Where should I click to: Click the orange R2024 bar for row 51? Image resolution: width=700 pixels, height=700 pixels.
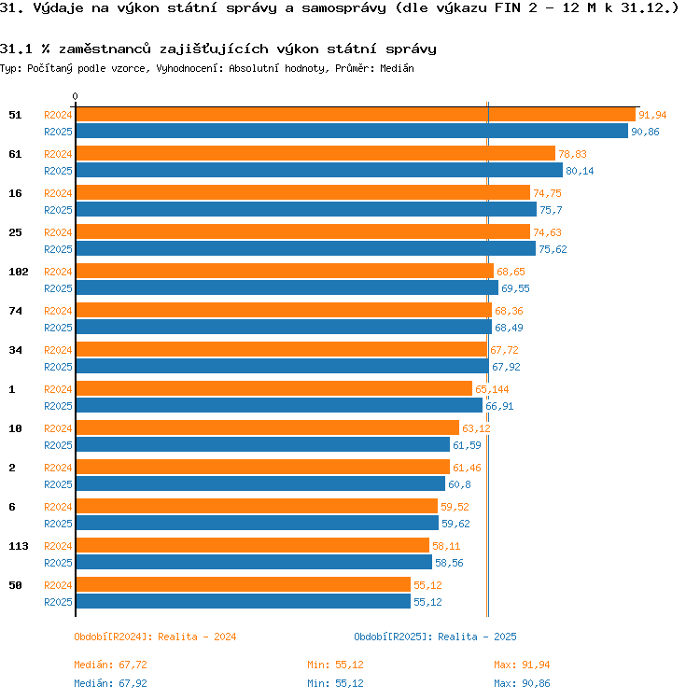356,115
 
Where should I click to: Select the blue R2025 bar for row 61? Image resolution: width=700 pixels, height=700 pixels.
319,171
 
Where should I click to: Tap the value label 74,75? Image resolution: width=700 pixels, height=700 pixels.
547,193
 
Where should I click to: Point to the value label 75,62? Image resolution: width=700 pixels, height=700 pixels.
553,249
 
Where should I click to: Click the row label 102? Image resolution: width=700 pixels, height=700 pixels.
19,272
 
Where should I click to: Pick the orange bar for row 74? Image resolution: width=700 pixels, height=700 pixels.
284,310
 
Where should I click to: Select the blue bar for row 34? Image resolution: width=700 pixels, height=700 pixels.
283,366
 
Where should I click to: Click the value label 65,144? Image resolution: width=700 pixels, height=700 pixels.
492,389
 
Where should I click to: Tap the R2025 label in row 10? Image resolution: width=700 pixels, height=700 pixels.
58,445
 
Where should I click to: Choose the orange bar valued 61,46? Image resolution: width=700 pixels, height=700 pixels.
263,467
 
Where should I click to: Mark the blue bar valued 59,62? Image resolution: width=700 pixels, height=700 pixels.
258,523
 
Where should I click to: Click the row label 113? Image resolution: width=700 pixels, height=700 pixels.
19,546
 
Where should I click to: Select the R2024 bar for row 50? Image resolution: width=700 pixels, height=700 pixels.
244,584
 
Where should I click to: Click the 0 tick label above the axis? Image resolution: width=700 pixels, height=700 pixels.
75,96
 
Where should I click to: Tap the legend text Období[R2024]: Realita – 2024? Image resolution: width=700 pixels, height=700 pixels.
155,637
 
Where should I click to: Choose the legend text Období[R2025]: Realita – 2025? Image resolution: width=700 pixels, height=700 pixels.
435,637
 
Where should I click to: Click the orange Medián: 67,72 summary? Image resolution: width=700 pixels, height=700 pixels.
110,665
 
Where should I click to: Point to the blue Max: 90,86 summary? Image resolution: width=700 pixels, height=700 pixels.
522,683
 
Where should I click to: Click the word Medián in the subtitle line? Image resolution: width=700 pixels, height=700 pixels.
397,68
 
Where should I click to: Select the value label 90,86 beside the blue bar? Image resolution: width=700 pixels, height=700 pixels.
645,132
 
